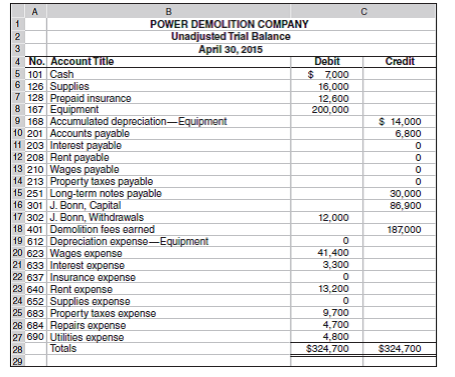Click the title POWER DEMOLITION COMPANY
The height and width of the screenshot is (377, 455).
tap(228, 24)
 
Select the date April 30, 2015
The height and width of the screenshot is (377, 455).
tap(228, 48)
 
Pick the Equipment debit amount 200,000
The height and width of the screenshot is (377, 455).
tap(326, 110)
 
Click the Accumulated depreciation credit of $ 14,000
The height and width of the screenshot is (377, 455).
tap(404, 122)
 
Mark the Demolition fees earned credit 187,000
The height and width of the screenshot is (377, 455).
tap(404, 228)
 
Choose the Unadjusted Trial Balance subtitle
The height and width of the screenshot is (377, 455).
tap(228, 36)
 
